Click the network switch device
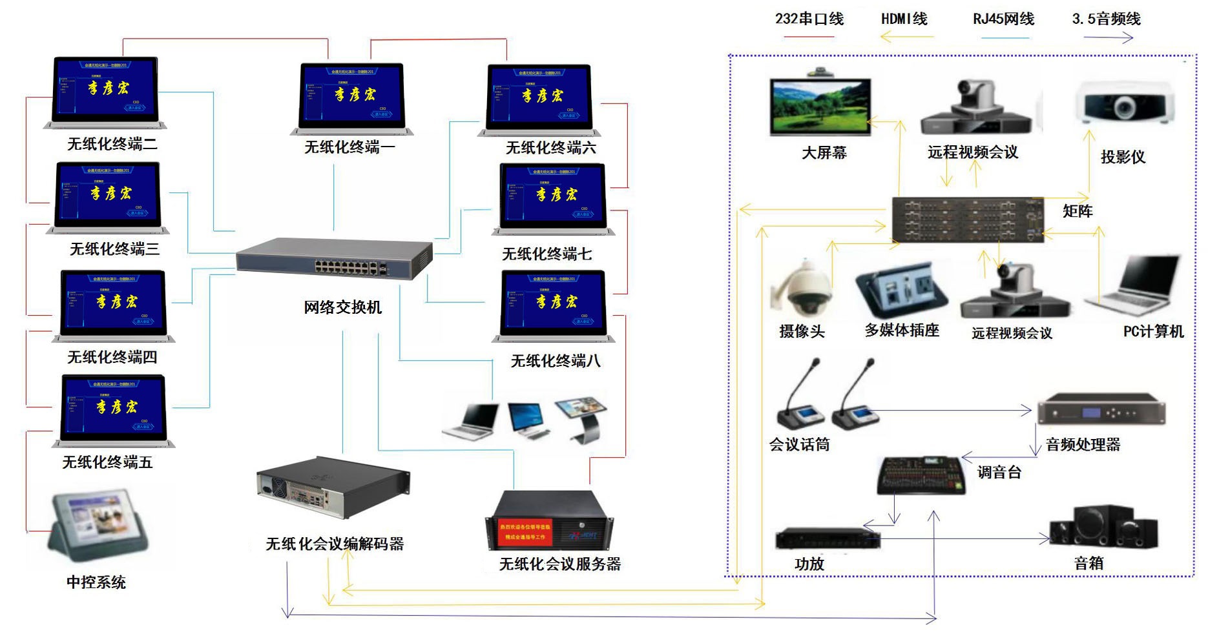coord(334,259)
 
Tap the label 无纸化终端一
coord(349,147)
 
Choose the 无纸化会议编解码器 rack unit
coord(333,487)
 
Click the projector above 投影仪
coord(1125,103)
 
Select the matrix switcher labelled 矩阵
coord(968,220)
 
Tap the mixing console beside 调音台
coord(921,475)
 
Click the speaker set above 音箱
coord(1103,527)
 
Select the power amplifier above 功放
coord(828,538)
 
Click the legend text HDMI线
coord(904,19)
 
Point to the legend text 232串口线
coord(809,19)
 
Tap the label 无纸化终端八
coord(556,361)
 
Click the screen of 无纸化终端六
coord(539,94)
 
